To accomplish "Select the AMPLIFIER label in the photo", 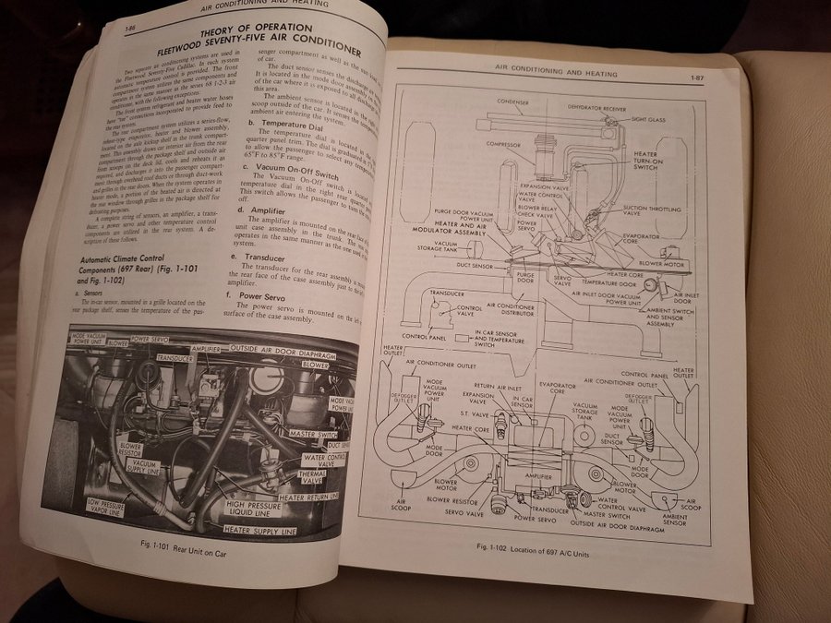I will [x=209, y=350].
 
